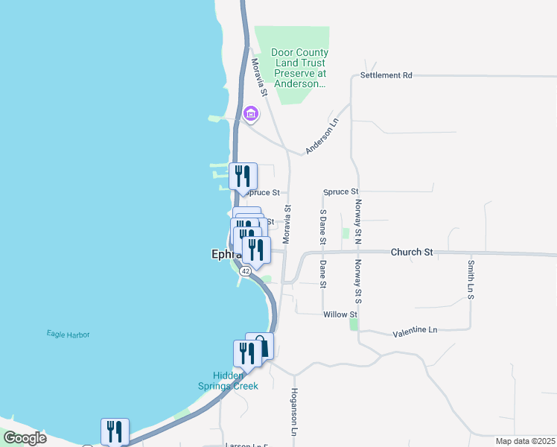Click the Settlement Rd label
tap(386, 75)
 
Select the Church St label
tap(412, 253)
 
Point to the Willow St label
tap(340, 314)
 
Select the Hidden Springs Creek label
tap(228, 381)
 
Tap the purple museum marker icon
tap(251, 114)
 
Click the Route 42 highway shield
tap(245, 271)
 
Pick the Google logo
tap(25, 438)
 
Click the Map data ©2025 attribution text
tap(523, 441)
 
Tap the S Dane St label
tap(322, 226)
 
